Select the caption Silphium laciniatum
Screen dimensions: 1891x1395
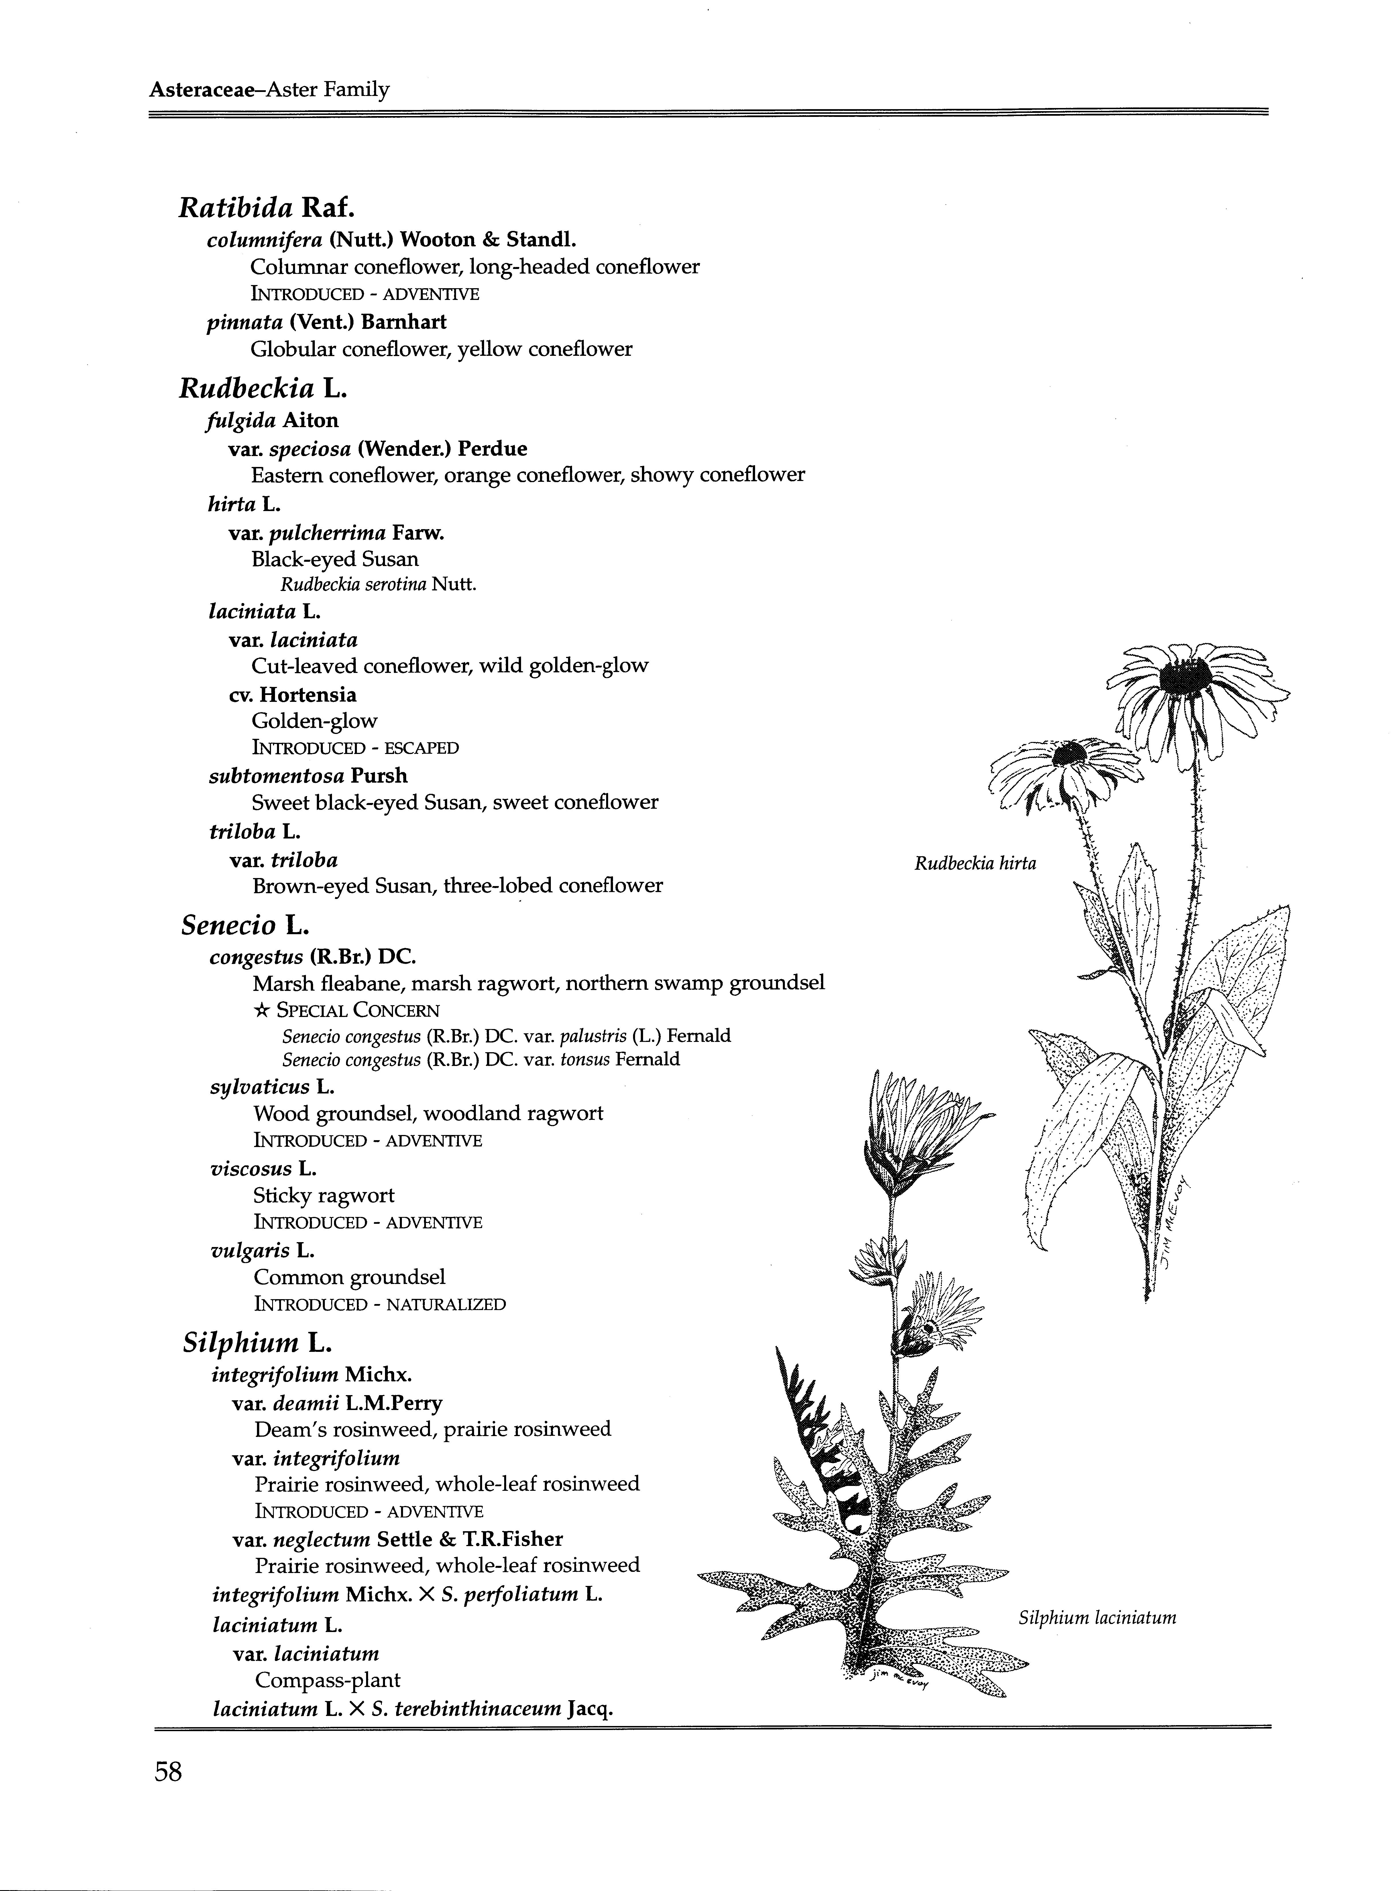[1097, 1617]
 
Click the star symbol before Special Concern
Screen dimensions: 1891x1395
[261, 1010]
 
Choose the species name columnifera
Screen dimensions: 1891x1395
[264, 240]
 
